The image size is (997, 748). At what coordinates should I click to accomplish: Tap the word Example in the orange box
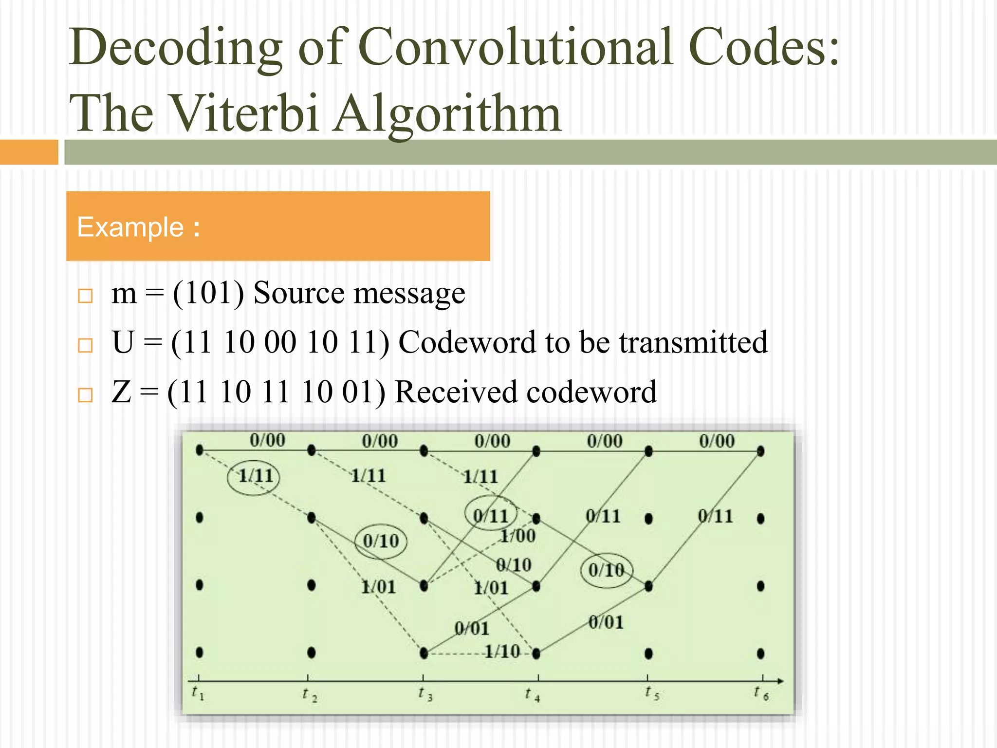tap(130, 227)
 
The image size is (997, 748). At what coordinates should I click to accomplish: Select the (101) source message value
tap(208, 293)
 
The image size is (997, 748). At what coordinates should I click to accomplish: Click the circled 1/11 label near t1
tap(255, 476)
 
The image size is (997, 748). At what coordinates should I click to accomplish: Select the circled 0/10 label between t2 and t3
tap(381, 541)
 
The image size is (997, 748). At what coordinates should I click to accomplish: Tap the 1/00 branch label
tap(518, 536)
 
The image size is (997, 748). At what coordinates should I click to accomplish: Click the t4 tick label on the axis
tap(533, 694)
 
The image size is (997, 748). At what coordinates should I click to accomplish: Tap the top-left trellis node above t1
tap(200, 450)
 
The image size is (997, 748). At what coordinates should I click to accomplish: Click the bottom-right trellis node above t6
tap(761, 654)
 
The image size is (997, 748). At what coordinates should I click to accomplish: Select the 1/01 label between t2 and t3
tap(378, 587)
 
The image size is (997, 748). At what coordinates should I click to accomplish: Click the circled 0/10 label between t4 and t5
tap(606, 570)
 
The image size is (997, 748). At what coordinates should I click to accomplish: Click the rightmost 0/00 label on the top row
tap(717, 441)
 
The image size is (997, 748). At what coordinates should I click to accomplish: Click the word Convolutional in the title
tap(516, 47)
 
